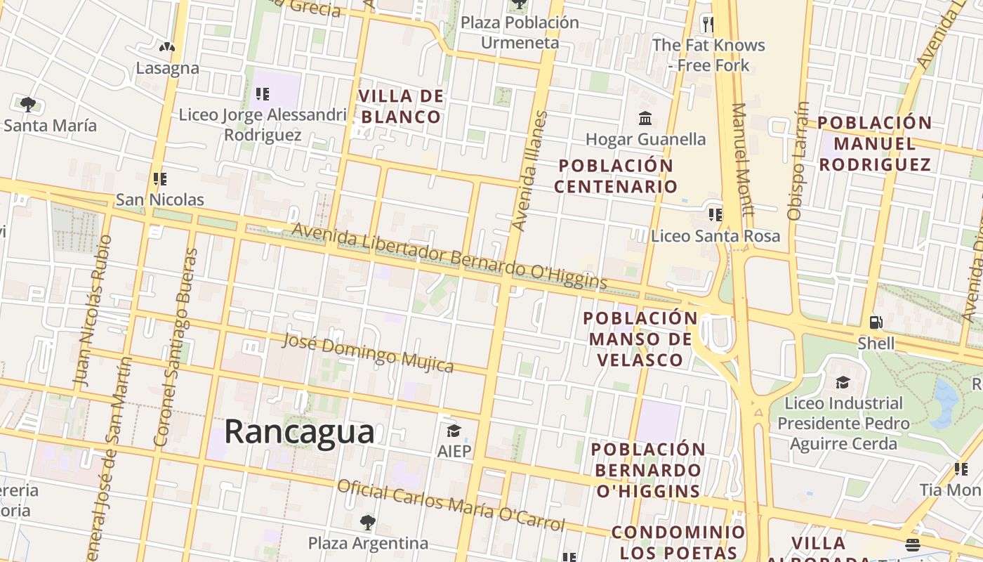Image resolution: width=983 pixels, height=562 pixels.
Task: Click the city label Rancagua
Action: [x=299, y=431]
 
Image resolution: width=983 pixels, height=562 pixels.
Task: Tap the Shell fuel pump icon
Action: [x=876, y=322]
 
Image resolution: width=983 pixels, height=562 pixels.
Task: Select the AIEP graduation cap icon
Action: [x=454, y=430]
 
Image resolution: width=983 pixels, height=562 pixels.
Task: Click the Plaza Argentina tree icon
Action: [x=367, y=523]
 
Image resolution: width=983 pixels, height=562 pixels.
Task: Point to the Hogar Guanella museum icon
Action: [x=645, y=118]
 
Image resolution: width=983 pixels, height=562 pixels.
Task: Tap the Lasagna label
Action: [x=168, y=68]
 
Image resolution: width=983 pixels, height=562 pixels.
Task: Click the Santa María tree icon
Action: [x=28, y=105]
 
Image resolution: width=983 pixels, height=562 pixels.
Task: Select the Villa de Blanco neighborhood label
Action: [x=401, y=106]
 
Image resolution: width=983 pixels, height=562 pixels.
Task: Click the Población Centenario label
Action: [x=616, y=176]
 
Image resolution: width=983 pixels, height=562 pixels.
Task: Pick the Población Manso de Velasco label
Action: [x=640, y=339]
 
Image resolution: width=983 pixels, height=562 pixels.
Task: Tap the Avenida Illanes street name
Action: [x=530, y=171]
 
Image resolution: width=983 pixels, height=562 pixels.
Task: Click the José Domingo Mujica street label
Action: [x=368, y=353]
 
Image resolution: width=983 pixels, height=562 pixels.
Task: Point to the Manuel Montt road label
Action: [x=743, y=159]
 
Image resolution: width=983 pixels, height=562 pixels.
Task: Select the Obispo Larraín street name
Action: [x=799, y=162]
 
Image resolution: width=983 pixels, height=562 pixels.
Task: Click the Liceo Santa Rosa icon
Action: [x=715, y=214]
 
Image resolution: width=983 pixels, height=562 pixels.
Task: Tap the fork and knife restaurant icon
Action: [x=708, y=25]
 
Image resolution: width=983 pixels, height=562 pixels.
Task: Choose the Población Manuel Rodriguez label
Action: [x=875, y=144]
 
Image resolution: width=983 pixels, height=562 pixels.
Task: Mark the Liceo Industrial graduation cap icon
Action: [x=843, y=382]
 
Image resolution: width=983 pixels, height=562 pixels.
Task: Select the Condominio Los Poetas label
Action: [x=678, y=542]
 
